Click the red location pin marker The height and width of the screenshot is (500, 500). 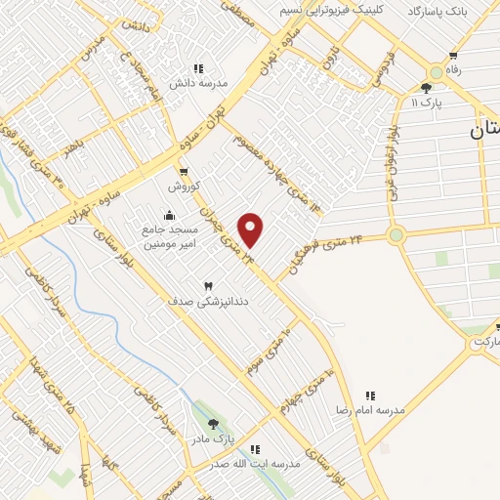[x=251, y=229]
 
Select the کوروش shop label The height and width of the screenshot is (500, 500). [x=184, y=186]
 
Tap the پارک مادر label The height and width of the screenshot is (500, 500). [x=214, y=439]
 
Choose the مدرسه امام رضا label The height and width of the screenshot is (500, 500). [x=370, y=411]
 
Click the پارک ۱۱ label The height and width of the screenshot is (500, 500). [x=427, y=102]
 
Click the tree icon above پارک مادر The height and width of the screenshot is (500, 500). [x=214, y=424]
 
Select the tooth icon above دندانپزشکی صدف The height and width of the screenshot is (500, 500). [x=207, y=285]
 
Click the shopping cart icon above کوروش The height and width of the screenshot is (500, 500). [x=184, y=171]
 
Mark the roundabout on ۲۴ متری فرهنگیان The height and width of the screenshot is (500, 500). [x=396, y=234]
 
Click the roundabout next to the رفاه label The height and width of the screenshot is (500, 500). [x=437, y=73]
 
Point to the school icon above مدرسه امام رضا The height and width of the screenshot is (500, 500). [x=370, y=396]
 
